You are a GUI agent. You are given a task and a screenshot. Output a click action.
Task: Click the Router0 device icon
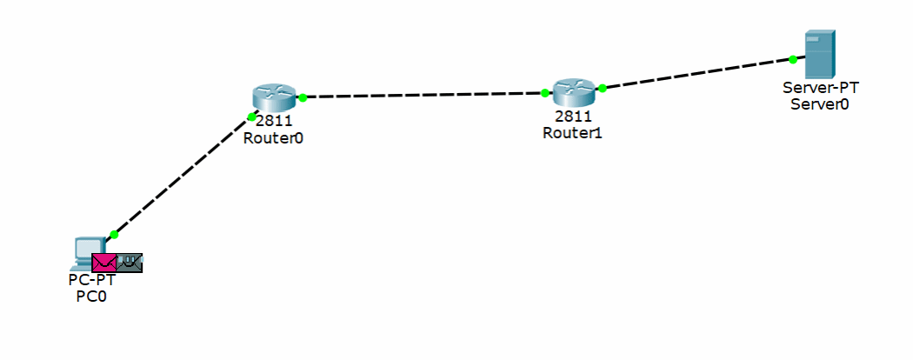(274, 98)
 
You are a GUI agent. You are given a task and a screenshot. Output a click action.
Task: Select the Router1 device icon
(572, 90)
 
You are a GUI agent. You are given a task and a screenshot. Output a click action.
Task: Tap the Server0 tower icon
(819, 54)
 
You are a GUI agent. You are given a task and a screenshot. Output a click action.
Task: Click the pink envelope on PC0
(103, 262)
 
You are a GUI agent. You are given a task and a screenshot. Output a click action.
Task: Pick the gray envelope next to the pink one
(130, 262)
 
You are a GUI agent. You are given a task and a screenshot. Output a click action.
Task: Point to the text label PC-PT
(91, 280)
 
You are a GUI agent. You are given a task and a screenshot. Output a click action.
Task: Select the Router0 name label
(274, 137)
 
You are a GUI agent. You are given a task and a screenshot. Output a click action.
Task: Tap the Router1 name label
(572, 133)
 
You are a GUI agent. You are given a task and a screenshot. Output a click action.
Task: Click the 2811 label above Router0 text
(274, 122)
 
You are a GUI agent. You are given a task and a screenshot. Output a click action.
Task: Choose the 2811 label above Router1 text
(572, 117)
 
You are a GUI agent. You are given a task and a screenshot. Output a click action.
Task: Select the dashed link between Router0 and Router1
(423, 95)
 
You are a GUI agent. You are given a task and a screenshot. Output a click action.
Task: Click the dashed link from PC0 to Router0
(183, 175)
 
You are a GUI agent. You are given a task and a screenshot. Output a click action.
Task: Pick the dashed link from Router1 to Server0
(696, 74)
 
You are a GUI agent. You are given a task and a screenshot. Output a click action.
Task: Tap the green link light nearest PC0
(114, 234)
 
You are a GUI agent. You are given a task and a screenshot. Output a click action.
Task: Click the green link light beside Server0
(793, 60)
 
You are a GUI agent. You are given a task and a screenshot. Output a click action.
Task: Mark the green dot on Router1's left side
(544, 92)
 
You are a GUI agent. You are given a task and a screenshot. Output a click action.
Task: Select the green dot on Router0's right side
(303, 97)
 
